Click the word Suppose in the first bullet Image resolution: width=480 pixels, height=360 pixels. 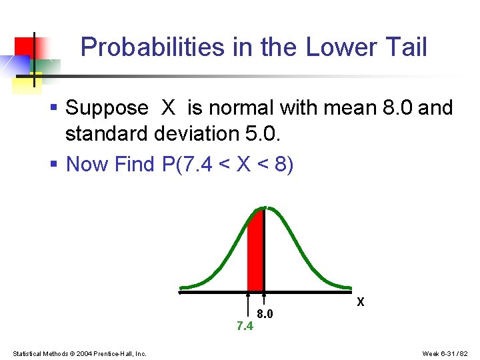107,108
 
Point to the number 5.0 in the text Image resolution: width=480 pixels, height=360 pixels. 260,134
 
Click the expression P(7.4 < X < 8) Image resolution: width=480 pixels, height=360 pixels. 227,163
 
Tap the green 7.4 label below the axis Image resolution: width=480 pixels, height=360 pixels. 245,326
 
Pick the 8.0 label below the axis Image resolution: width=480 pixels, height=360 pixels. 265,313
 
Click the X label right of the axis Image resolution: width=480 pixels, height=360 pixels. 361,302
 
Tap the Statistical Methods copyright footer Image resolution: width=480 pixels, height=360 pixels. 79,353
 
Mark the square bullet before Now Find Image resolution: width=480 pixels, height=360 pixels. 55,164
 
